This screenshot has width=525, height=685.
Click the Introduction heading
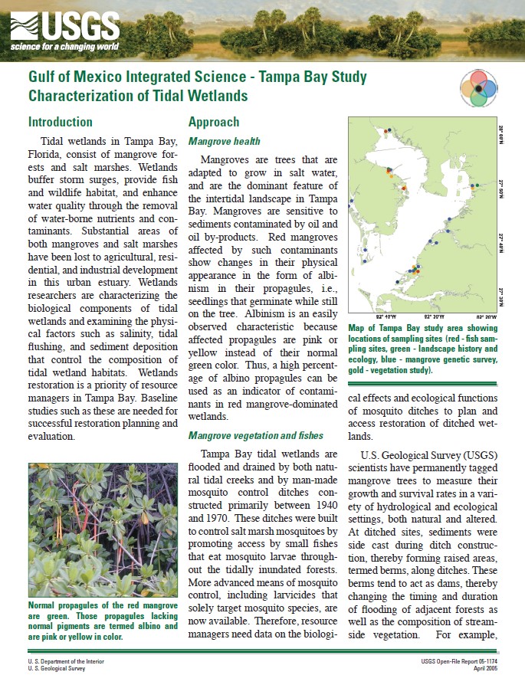[x=60, y=122]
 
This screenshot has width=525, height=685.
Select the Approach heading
[x=214, y=122]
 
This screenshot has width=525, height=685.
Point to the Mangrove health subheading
[x=225, y=142]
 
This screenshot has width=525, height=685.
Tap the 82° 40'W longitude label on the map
[x=386, y=316]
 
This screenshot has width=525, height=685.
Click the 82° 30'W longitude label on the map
[x=432, y=316]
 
